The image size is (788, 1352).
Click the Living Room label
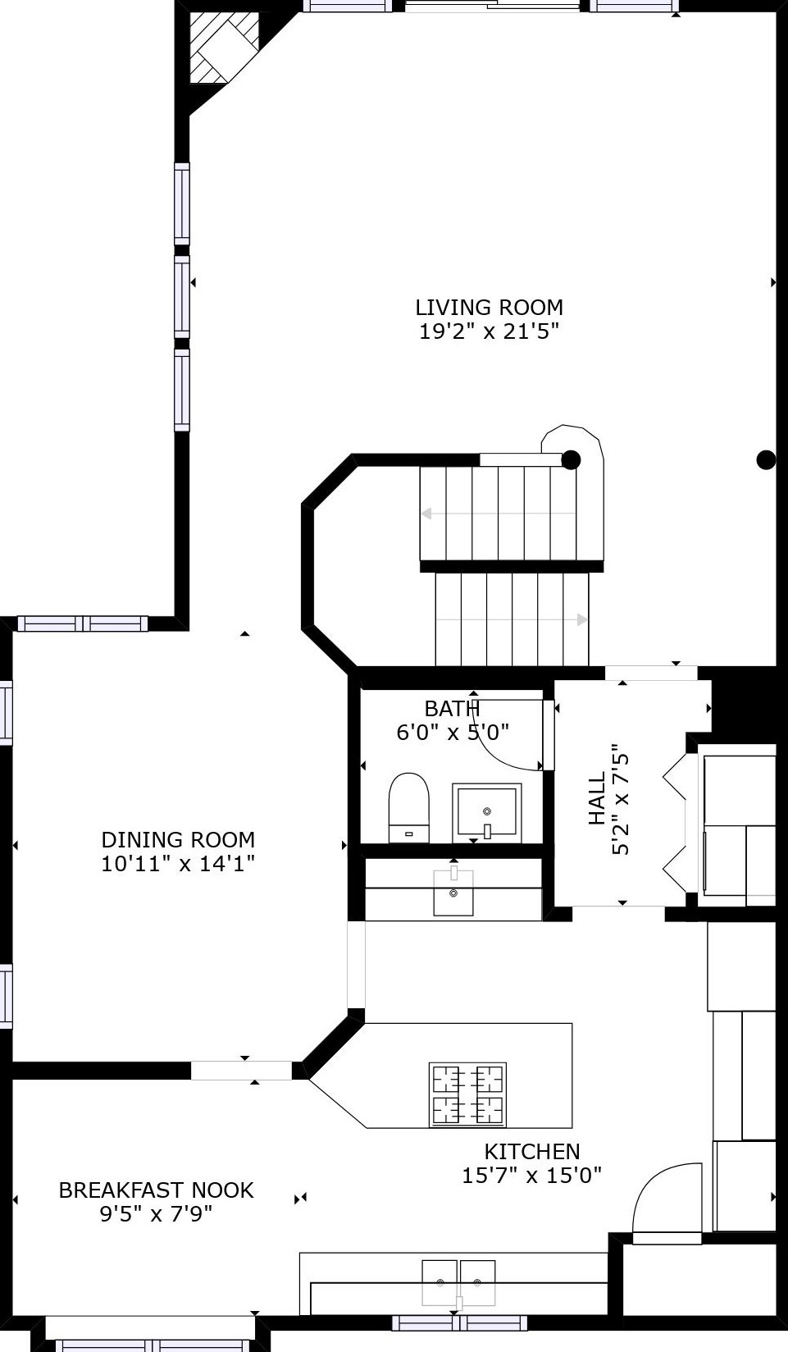point(489,307)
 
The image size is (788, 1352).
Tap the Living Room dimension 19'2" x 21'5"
point(490,331)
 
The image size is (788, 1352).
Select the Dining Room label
point(178,839)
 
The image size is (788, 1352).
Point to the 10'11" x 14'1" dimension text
point(178,864)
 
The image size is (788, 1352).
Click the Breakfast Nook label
point(157,1190)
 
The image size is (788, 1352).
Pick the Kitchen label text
point(532,1151)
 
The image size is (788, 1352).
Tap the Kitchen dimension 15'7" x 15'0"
point(532,1175)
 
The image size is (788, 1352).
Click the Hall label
point(597,798)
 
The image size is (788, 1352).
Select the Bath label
point(452,708)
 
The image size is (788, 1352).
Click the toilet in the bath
point(409,807)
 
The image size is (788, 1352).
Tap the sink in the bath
point(487,812)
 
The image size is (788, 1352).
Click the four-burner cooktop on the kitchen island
point(467,1094)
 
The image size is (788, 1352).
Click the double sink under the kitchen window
point(458,1282)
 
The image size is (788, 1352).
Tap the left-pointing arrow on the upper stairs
point(499,514)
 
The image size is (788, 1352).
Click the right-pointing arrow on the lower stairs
point(512,620)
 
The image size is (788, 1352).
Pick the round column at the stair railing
point(571,460)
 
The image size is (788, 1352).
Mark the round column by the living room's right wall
point(767,460)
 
